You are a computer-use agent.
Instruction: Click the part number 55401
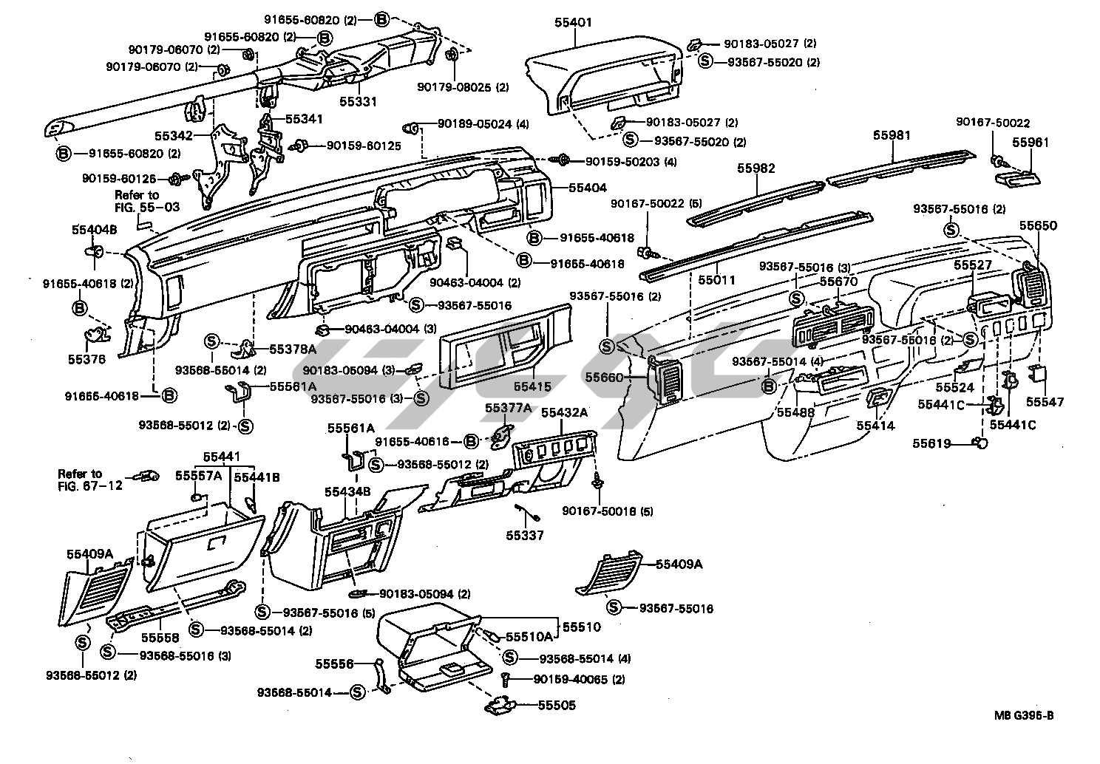[573, 23]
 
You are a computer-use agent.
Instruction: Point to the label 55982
[756, 168]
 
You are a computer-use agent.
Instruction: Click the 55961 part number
[1031, 142]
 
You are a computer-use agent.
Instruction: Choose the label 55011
[716, 281]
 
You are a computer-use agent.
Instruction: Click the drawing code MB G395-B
[1024, 715]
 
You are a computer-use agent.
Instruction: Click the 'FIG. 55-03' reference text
[147, 208]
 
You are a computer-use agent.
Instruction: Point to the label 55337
[525, 535]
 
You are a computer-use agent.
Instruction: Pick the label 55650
[1038, 225]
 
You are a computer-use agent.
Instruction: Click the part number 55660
[605, 377]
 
